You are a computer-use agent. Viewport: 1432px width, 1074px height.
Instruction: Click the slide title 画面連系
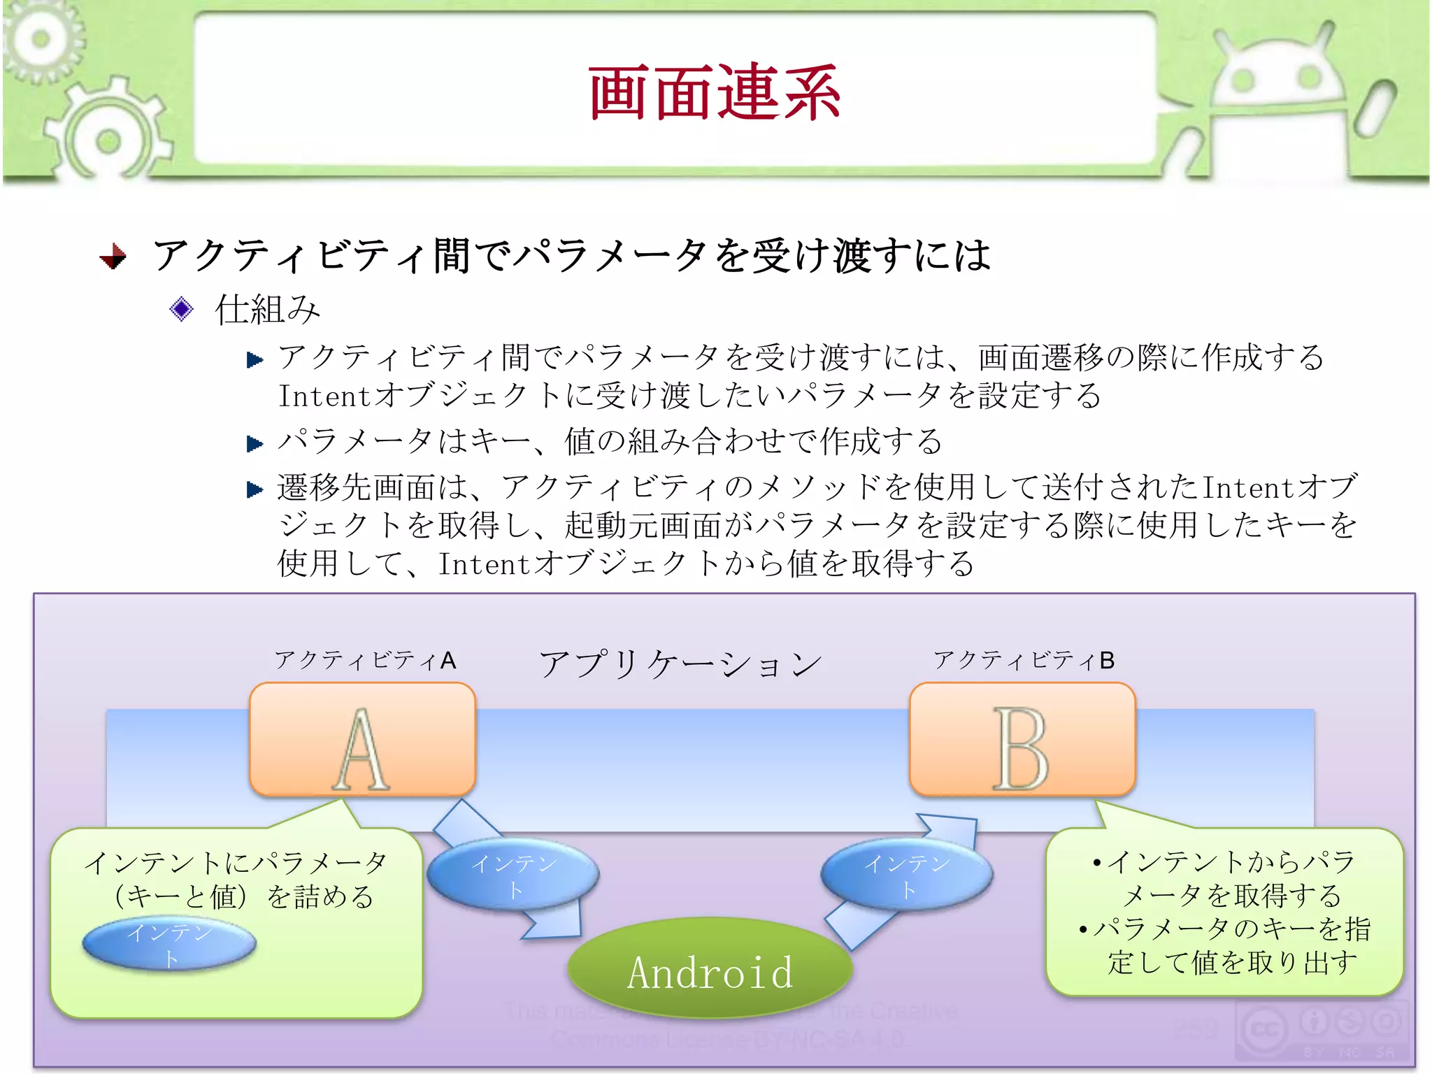click(715, 92)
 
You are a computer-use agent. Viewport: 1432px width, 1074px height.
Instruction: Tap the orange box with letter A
click(362, 740)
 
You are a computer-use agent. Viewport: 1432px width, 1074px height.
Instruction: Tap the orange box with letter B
click(1022, 740)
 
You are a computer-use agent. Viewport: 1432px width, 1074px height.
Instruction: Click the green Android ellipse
click(710, 971)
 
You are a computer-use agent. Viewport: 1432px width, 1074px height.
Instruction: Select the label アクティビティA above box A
click(365, 660)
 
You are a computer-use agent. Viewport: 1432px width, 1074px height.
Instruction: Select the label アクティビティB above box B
click(1024, 660)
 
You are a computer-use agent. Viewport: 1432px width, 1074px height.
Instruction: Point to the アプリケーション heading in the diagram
click(680, 664)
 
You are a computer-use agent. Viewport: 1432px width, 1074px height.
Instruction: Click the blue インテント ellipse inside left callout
click(169, 944)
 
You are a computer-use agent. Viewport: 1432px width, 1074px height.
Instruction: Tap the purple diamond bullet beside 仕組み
click(181, 309)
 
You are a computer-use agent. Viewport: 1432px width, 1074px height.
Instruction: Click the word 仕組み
click(267, 309)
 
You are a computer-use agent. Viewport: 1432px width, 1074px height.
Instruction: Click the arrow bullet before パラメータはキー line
click(255, 443)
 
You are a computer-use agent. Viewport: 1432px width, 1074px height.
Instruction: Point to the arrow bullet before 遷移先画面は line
click(255, 489)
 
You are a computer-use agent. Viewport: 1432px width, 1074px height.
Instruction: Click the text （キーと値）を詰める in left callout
click(243, 897)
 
